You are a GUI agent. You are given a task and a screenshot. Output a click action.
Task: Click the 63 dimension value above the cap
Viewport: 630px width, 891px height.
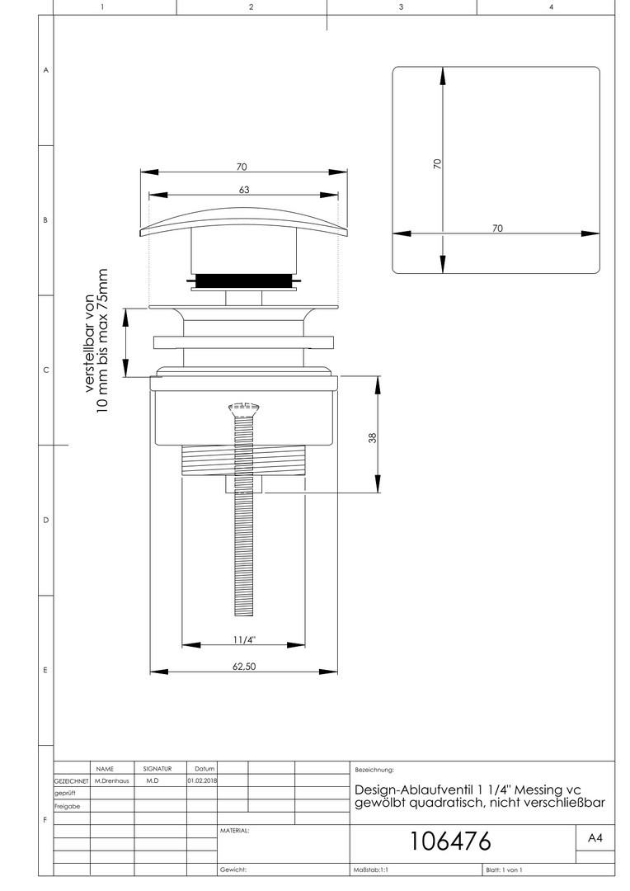pyautogui.click(x=244, y=190)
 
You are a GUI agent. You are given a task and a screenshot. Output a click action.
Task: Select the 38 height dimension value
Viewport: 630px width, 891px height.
pyautogui.click(x=373, y=438)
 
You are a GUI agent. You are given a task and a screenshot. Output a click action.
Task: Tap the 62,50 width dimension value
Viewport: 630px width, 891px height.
pyautogui.click(x=244, y=666)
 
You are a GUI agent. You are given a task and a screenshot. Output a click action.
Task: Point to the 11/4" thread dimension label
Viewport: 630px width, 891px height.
pyautogui.click(x=244, y=640)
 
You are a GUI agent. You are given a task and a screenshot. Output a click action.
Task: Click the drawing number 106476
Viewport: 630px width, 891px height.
pyautogui.click(x=450, y=841)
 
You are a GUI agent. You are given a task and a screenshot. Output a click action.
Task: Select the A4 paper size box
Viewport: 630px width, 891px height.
pyautogui.click(x=595, y=837)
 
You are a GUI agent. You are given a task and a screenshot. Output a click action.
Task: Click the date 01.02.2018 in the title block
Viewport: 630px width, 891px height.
pyautogui.click(x=202, y=780)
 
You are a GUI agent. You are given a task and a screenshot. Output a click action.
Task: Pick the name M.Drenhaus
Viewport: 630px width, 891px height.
pyautogui.click(x=112, y=780)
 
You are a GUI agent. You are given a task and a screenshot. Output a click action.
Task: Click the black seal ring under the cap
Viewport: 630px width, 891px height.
pyautogui.click(x=244, y=280)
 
